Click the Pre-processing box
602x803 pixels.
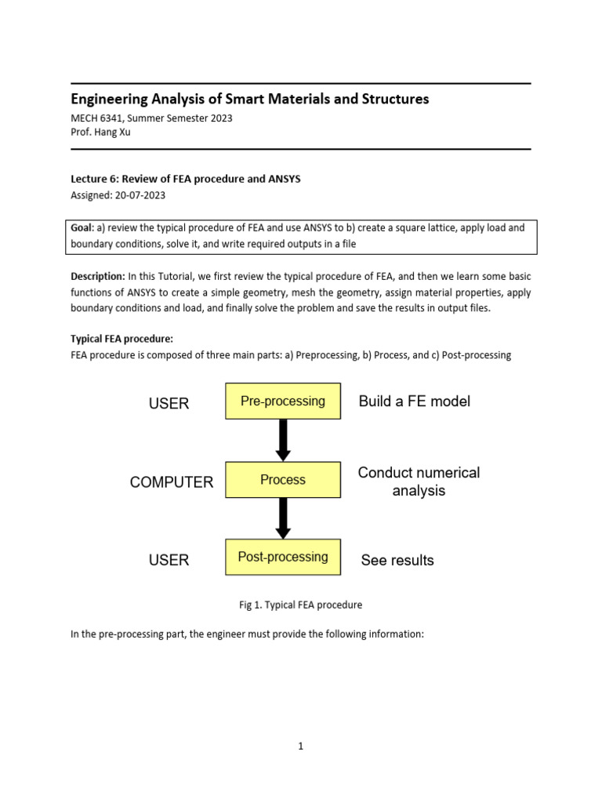pyautogui.click(x=283, y=401)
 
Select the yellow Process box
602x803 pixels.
pyautogui.click(x=283, y=480)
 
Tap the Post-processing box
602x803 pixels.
pyautogui.click(x=283, y=557)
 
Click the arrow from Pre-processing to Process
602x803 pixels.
pyautogui.click(x=284, y=440)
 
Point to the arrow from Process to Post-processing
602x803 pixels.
pyautogui.click(x=284, y=518)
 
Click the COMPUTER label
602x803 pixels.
pyautogui.click(x=172, y=482)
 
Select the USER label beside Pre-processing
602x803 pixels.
pyautogui.click(x=169, y=404)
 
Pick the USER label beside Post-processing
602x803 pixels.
pyautogui.click(x=169, y=560)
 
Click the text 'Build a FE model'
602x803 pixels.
pyautogui.click(x=415, y=401)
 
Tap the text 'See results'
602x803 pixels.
pyautogui.click(x=397, y=560)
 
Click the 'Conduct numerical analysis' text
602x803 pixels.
pyautogui.click(x=419, y=481)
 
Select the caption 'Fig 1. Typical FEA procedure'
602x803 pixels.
pyautogui.click(x=300, y=605)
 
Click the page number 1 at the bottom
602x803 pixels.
pyautogui.click(x=300, y=747)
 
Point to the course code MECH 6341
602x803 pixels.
pyautogui.click(x=101, y=118)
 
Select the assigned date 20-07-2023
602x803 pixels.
pyautogui.click(x=140, y=195)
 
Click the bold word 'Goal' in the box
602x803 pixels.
pyautogui.click(x=82, y=228)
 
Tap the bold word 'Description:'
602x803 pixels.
pyautogui.click(x=98, y=277)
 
